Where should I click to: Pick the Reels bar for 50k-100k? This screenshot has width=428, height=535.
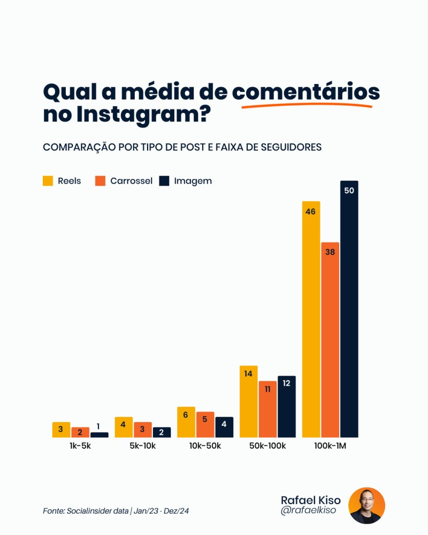coord(249,401)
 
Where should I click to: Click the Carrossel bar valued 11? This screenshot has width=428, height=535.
coord(267,409)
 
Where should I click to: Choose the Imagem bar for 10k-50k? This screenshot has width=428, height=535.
coord(224,427)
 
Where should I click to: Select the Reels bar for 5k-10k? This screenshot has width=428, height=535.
coord(124,427)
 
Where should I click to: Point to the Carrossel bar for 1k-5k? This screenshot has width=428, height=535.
coord(80,432)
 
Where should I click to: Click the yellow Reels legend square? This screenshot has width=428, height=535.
coord(48,181)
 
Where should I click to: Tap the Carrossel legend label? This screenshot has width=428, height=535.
coord(131,181)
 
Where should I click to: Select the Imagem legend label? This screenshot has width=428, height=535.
coord(193,181)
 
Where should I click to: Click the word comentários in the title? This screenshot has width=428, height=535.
coord(305,92)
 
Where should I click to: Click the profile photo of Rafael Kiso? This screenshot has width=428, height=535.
coord(366,506)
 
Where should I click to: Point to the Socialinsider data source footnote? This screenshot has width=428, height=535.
coord(116,511)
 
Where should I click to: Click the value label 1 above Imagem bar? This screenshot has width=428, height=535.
coord(98,426)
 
